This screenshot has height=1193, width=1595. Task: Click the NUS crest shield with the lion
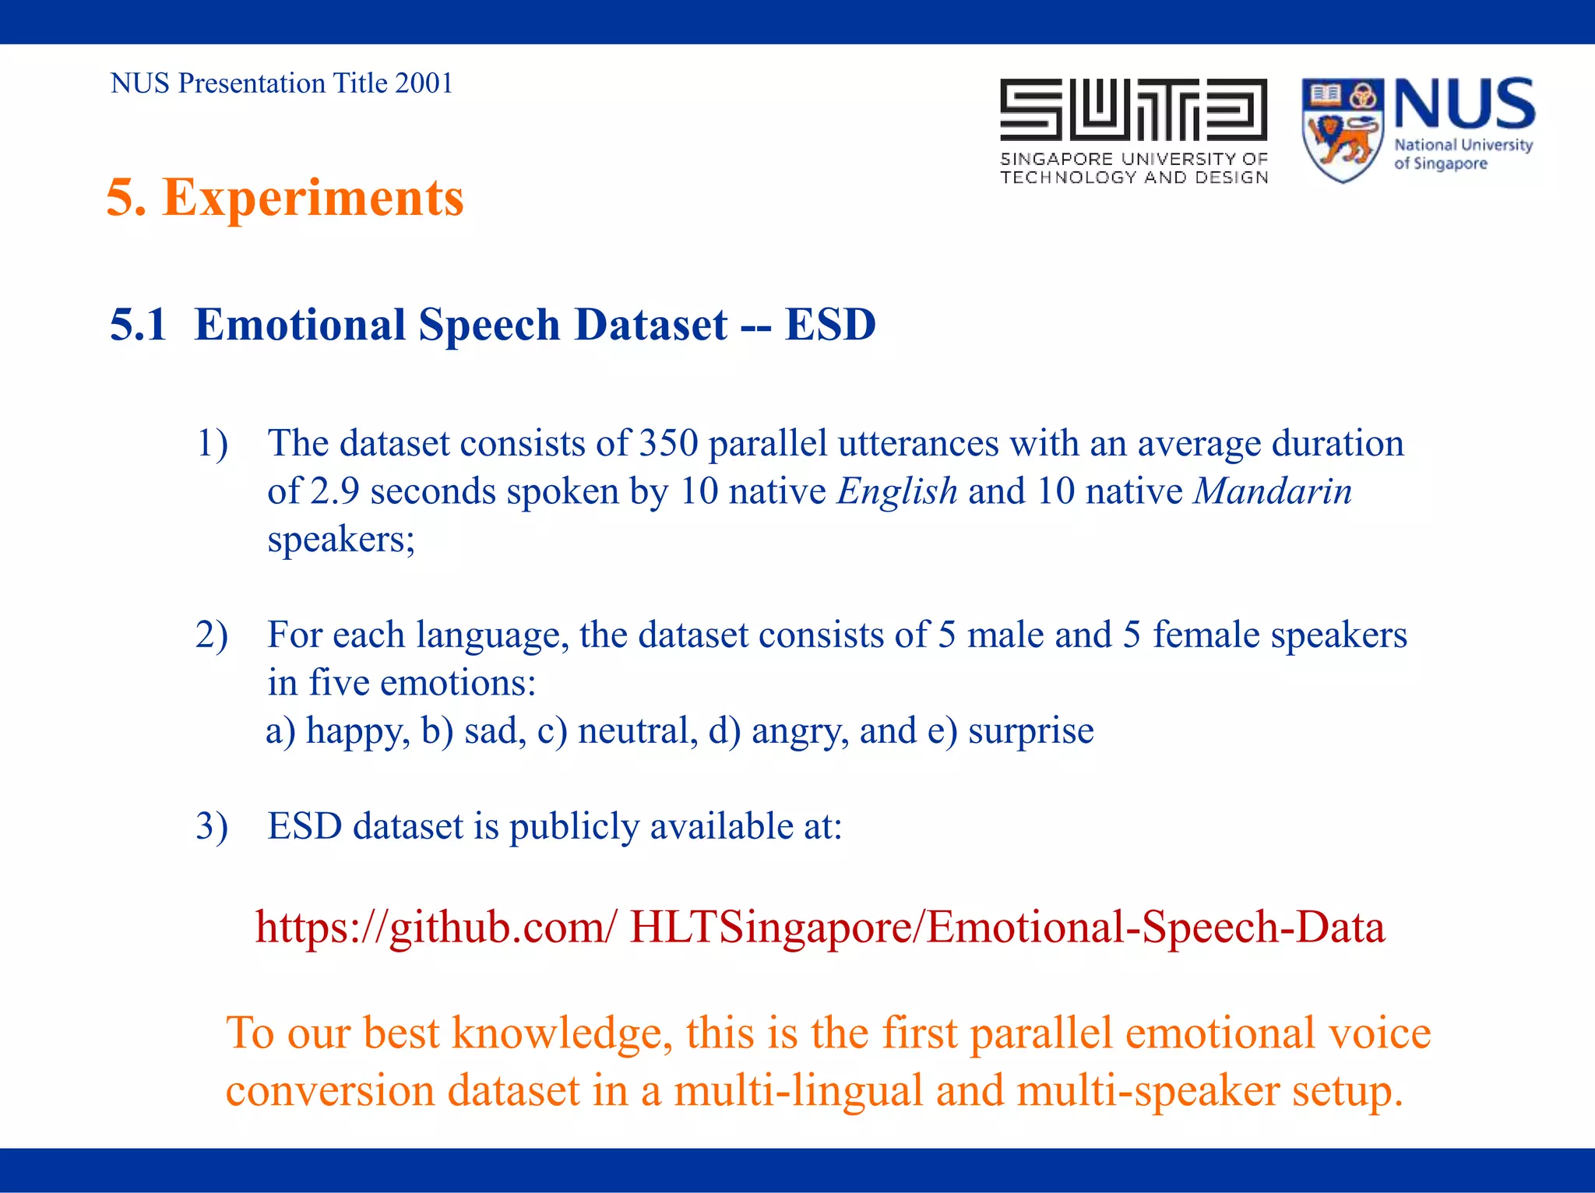click(x=1342, y=130)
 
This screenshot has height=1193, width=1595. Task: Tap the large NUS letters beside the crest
click(x=1464, y=104)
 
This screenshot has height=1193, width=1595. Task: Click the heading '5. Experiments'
click(x=285, y=198)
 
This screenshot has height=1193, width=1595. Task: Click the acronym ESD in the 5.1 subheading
click(x=830, y=325)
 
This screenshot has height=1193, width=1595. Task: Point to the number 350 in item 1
click(x=668, y=444)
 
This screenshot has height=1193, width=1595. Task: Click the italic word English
click(x=897, y=491)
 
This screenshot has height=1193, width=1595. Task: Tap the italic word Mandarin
click(x=1273, y=491)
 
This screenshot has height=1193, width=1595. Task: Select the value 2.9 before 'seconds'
click(x=334, y=491)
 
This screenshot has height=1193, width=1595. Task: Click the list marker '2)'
click(x=211, y=635)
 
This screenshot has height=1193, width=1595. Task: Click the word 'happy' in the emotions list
click(x=357, y=731)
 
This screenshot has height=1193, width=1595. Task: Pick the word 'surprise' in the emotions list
click(x=1030, y=731)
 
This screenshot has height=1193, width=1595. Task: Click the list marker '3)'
click(x=211, y=826)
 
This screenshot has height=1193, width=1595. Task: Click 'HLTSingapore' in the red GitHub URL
click(x=774, y=927)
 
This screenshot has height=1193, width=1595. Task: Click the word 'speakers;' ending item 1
click(x=341, y=540)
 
